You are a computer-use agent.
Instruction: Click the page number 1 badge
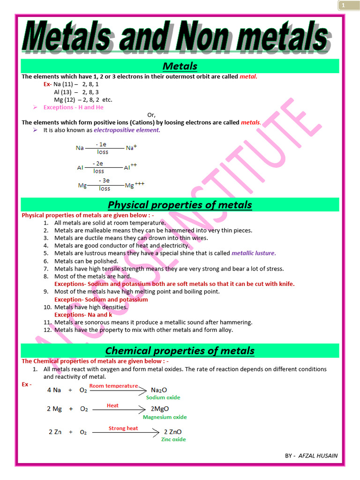pos(343,5)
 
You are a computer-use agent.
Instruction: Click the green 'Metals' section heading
pos(180,66)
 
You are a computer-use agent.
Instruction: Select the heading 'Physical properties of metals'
pos(180,205)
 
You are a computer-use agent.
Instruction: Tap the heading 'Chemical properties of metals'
pos(180,351)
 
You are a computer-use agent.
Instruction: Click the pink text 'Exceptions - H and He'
pos(73,107)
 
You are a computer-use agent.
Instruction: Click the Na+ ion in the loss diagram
pos(131,148)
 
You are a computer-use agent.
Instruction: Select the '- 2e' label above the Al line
pos(98,164)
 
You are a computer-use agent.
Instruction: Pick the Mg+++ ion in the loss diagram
pos(134,185)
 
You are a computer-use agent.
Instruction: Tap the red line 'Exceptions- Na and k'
pos(83,315)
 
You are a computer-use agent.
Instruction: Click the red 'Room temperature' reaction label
pos(113,386)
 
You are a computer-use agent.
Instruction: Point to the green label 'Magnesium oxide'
pos(165,417)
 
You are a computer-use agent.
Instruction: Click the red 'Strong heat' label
pos(123,428)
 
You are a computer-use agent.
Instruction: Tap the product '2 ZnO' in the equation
pos(172,432)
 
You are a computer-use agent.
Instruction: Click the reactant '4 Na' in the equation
pos(54,390)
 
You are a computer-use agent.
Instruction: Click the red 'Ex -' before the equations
pos(27,384)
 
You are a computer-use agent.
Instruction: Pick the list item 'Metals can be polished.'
pos(86,261)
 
